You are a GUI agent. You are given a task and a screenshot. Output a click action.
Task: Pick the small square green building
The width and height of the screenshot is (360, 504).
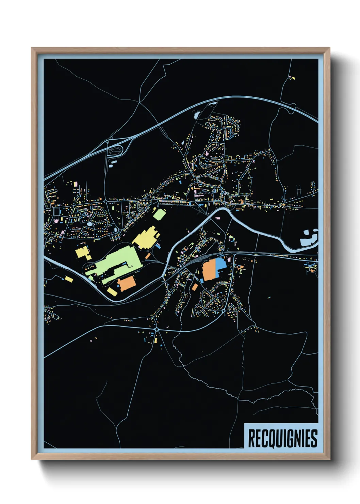(x=159, y=215)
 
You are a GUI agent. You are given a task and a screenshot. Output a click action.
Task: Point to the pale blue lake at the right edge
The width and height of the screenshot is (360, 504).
(x=308, y=238)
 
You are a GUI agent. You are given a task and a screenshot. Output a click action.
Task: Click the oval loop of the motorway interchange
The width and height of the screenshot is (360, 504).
(x=115, y=150)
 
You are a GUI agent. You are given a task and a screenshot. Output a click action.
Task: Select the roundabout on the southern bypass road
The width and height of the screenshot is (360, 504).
(x=157, y=329)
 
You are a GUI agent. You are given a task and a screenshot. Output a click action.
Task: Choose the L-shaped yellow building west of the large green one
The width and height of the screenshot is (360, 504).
(x=83, y=253)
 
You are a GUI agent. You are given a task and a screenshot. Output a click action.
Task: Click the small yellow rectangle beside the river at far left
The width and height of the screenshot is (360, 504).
(x=69, y=279)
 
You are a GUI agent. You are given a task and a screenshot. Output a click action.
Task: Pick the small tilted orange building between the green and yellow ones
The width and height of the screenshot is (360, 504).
(x=148, y=256)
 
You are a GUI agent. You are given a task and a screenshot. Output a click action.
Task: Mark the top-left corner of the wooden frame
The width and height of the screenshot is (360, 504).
(x=32, y=48)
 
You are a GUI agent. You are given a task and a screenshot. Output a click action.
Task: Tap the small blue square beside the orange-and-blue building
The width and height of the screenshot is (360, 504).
(x=201, y=280)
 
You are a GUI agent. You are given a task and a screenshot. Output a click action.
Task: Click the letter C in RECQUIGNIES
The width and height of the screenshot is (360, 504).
(x=265, y=438)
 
